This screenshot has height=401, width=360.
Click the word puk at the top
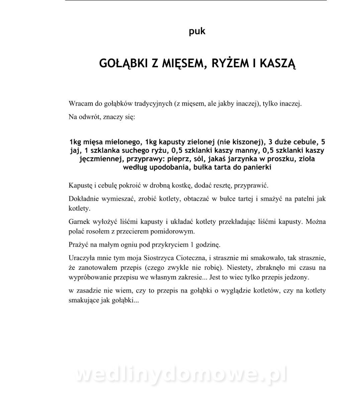(x=197, y=31)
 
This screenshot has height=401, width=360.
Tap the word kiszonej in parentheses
(x=246, y=141)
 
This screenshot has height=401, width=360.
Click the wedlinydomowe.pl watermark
(x=181, y=375)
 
